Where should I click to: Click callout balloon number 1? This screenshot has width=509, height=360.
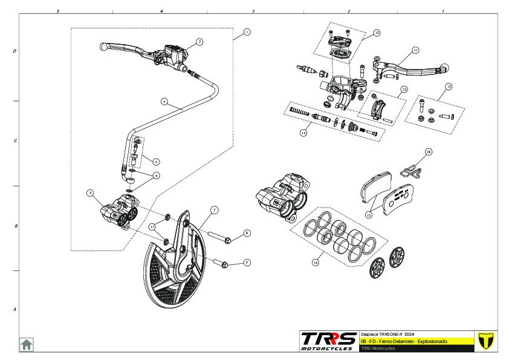(x=247, y=31)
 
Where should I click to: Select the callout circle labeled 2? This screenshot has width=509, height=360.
(x=199, y=42)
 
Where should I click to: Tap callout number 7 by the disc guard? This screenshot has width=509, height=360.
(x=214, y=211)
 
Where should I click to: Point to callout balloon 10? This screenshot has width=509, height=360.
(x=377, y=33)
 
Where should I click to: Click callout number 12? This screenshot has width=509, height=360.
(x=448, y=87)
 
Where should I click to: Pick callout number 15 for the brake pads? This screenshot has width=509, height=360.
(x=369, y=214)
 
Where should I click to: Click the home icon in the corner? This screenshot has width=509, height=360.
(x=27, y=344)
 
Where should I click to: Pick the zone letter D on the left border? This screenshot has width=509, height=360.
(x=15, y=51)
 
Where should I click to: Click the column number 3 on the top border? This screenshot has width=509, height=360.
(x=253, y=11)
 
